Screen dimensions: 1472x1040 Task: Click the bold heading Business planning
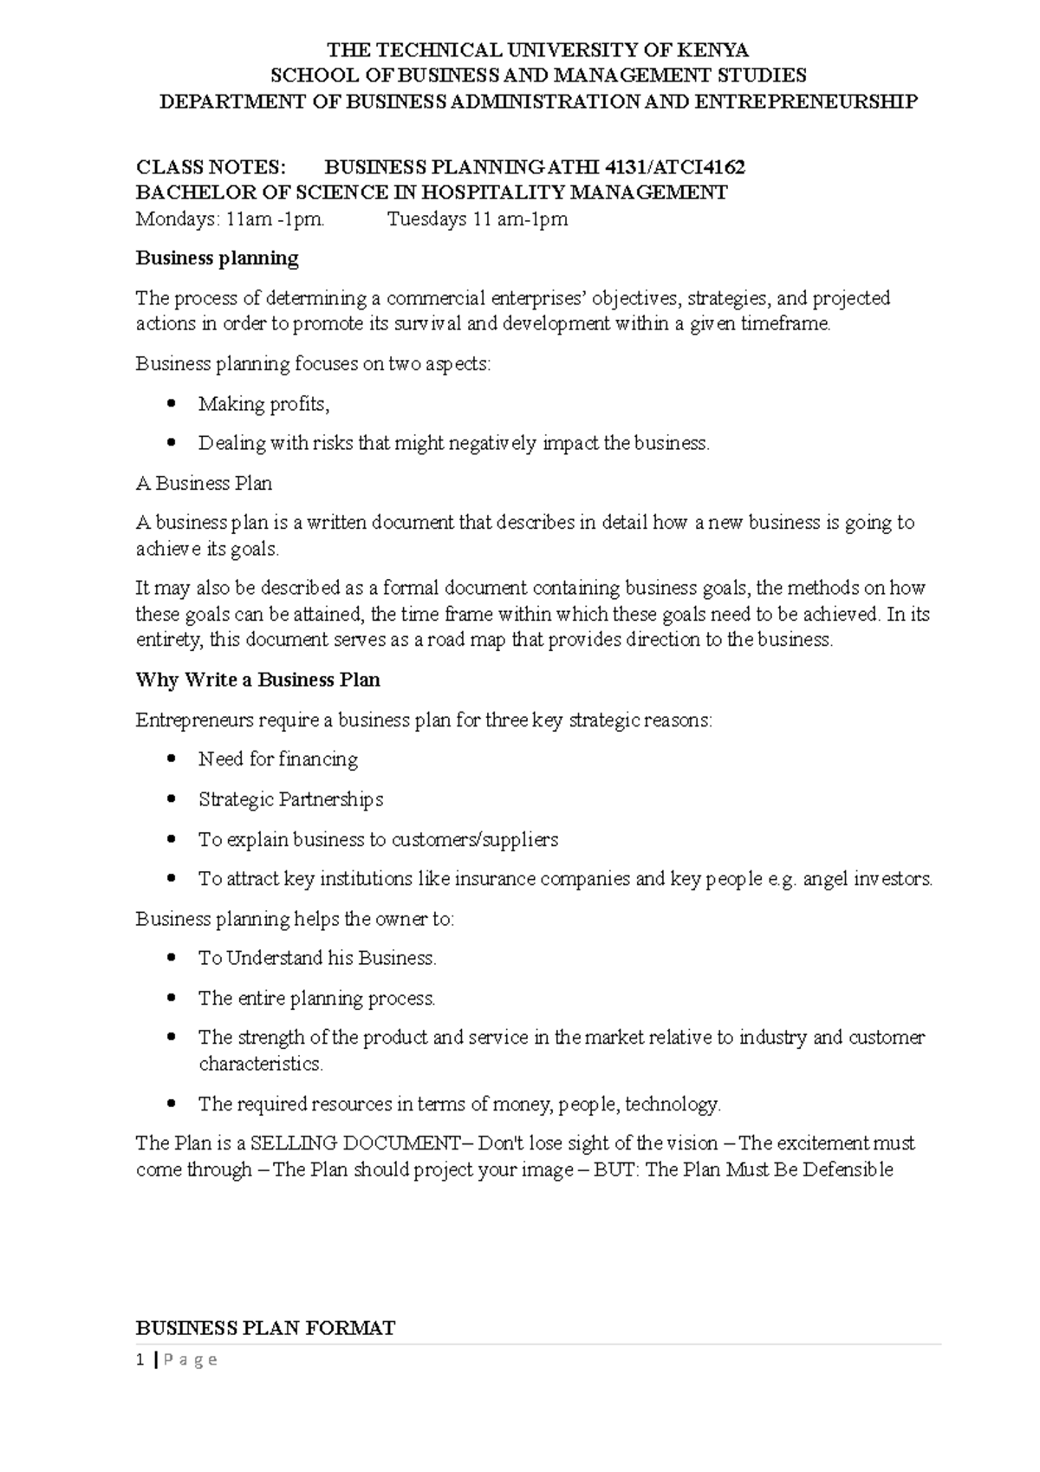coord(217,258)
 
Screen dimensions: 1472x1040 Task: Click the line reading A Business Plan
coord(204,484)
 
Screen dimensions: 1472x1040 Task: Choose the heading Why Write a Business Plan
coord(257,680)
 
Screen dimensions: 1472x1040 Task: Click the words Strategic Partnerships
coord(290,799)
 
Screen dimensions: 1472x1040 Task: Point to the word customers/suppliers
coord(475,839)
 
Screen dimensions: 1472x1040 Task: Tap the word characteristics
coord(260,1064)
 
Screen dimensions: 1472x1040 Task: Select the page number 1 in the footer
coord(140,1360)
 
